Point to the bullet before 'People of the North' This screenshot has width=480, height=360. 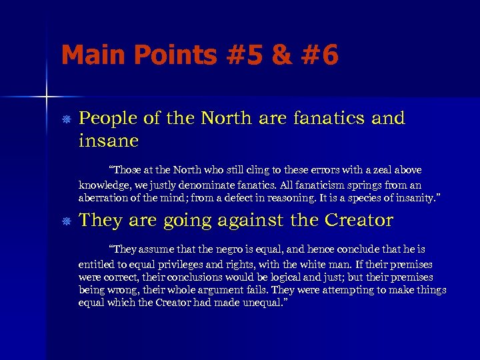(x=66, y=119)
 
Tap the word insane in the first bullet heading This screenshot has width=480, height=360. (x=109, y=141)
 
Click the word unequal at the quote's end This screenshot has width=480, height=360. (x=263, y=303)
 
